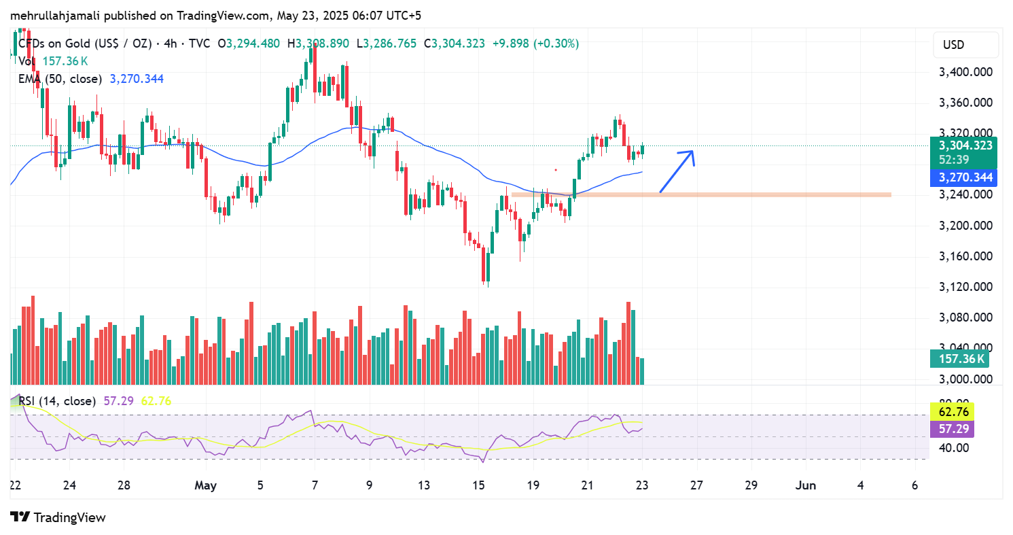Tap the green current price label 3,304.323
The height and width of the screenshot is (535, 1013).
965,145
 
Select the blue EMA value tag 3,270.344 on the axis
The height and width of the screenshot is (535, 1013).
965,177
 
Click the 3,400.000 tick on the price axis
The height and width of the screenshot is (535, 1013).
965,72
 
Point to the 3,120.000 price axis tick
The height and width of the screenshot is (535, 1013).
965,287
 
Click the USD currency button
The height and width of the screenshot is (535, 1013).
953,45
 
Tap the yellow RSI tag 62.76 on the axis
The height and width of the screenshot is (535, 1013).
952,411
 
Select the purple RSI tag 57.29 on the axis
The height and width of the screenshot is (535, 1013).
952,428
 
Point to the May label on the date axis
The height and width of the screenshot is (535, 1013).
205,485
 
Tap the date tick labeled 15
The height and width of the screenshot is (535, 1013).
479,485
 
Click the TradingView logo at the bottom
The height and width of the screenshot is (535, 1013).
58,517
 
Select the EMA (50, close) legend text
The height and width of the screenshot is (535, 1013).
60,79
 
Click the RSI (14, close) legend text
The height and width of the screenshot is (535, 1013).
57,401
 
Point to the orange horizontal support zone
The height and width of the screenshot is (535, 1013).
700,194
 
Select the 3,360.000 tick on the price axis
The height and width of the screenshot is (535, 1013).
965,103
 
